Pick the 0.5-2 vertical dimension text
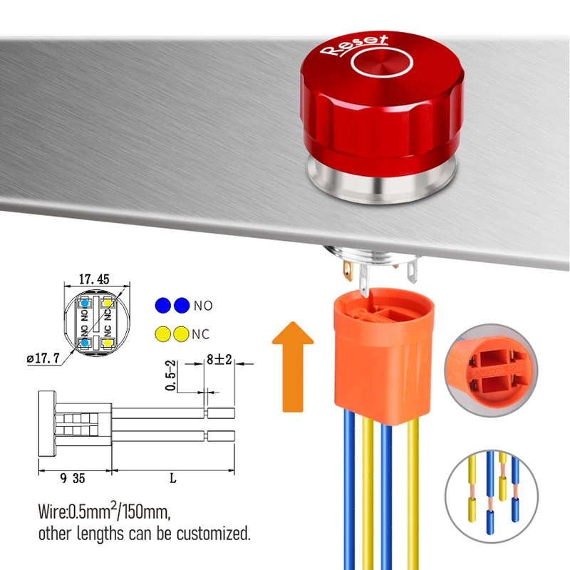170,375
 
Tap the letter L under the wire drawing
172,478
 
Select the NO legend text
203,306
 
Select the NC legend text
203,333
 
